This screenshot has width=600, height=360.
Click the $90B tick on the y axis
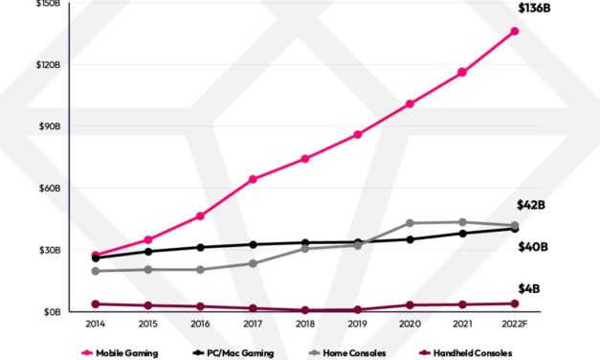point(48,126)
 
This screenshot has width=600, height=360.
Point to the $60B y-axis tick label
point(48,188)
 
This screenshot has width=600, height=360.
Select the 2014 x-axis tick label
point(95,325)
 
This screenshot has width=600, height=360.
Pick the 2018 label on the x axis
point(304,325)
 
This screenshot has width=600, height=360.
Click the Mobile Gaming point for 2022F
point(515,32)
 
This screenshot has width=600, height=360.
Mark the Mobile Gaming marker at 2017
point(253,179)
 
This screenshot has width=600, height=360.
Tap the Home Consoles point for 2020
point(410,223)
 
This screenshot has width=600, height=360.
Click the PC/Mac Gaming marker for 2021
point(462,233)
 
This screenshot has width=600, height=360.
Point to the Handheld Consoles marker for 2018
point(304,310)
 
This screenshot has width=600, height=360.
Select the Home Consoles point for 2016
point(200,269)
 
